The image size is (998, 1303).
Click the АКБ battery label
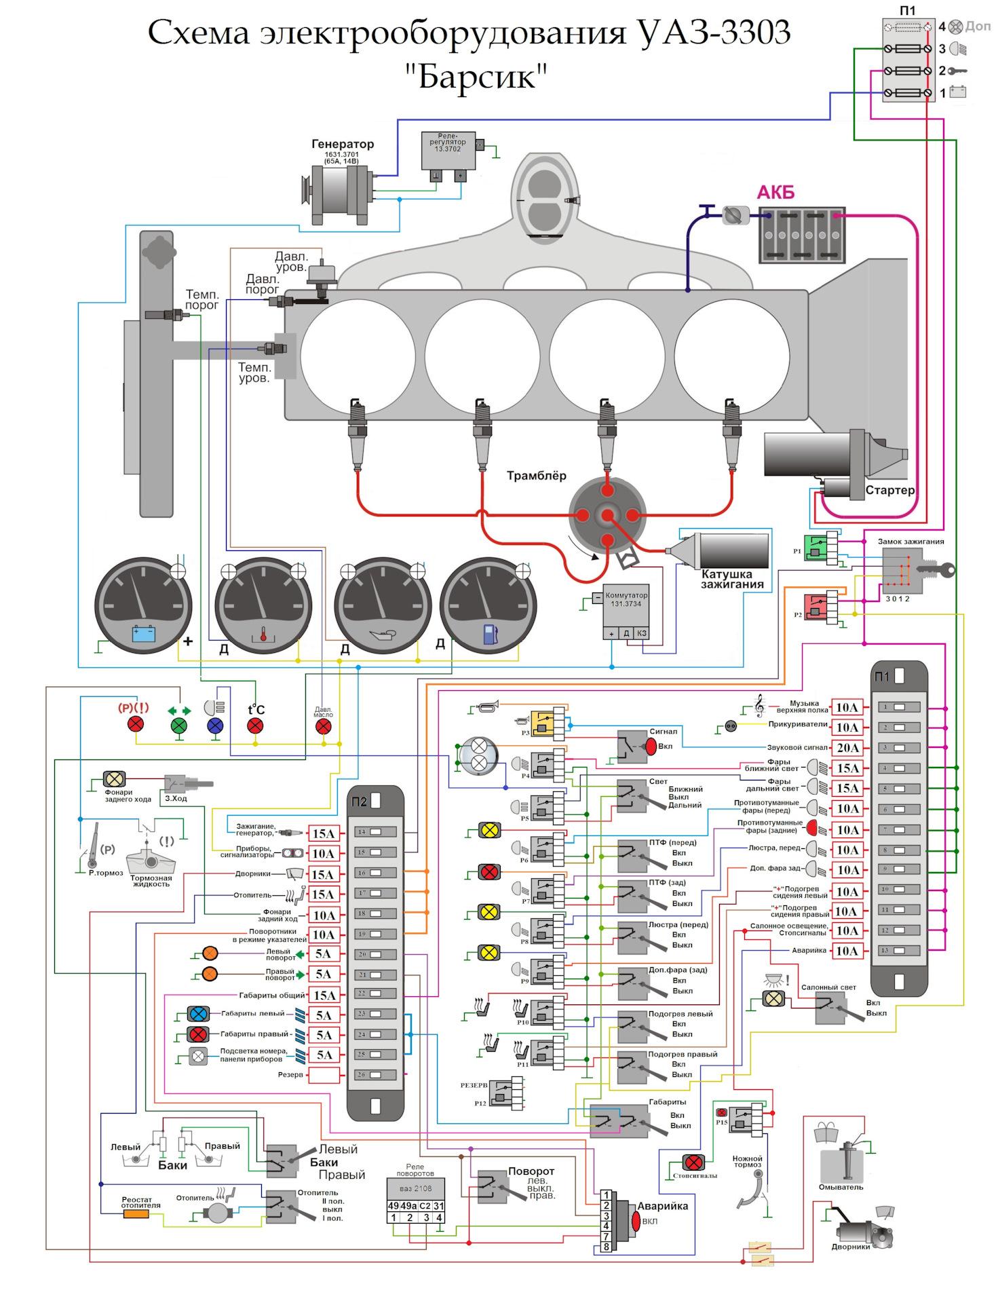[x=775, y=193]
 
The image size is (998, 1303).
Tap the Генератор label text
[x=343, y=144]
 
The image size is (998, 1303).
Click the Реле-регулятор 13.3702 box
[x=447, y=151]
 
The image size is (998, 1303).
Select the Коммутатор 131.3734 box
[x=626, y=604]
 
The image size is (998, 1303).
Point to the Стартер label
[x=889, y=490]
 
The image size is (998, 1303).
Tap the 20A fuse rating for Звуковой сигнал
[x=847, y=748]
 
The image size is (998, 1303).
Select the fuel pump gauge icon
[x=488, y=634]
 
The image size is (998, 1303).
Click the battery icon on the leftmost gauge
[x=144, y=633]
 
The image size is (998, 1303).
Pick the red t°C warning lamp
[x=255, y=726]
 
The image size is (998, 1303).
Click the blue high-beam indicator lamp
[x=215, y=725]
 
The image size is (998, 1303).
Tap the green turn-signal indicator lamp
[x=178, y=725]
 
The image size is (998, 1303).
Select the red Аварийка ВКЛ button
[x=636, y=1221]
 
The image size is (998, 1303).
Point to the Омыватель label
[x=841, y=1187]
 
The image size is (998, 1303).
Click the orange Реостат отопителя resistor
[x=136, y=1214]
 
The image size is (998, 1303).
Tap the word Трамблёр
[x=536, y=476]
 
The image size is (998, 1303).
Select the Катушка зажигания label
[x=732, y=579]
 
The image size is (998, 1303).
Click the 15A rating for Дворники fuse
[x=323, y=874]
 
